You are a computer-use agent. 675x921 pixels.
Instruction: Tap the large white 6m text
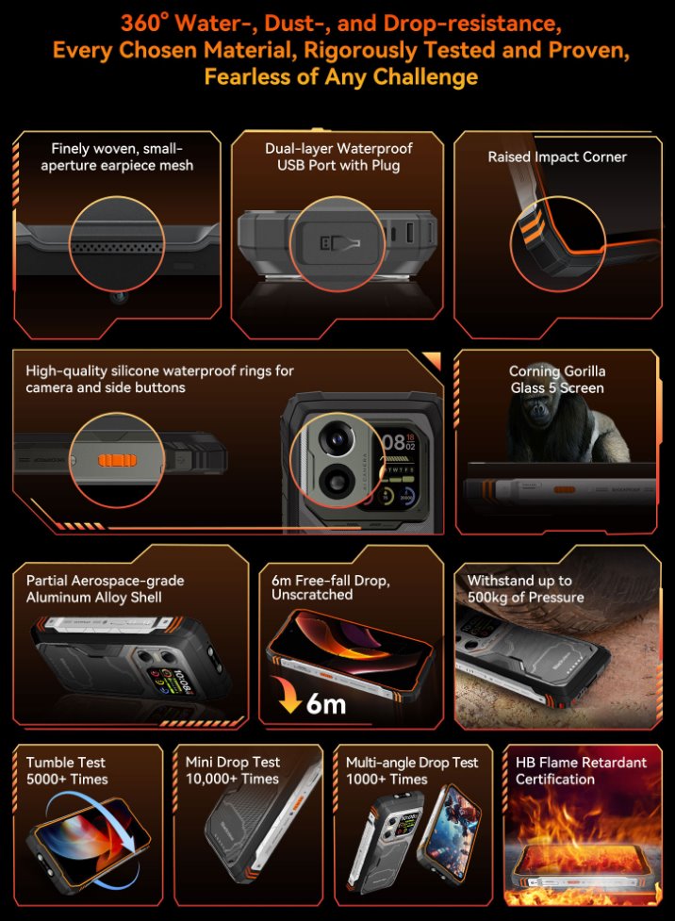click(326, 703)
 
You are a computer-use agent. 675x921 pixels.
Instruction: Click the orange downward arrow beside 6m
click(288, 694)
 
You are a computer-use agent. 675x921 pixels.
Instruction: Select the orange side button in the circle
click(118, 460)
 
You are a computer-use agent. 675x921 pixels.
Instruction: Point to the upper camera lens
click(337, 438)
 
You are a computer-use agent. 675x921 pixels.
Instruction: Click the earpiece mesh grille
click(116, 246)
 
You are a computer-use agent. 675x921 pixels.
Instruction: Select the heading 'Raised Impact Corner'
click(557, 156)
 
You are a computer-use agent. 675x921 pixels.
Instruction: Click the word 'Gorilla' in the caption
click(581, 371)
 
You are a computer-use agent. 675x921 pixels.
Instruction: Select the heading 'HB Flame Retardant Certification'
click(581, 770)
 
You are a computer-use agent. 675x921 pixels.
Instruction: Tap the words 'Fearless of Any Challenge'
click(340, 76)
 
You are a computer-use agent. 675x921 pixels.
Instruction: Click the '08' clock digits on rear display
click(393, 442)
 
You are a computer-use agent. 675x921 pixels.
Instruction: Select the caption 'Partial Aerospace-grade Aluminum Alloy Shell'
click(106, 588)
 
